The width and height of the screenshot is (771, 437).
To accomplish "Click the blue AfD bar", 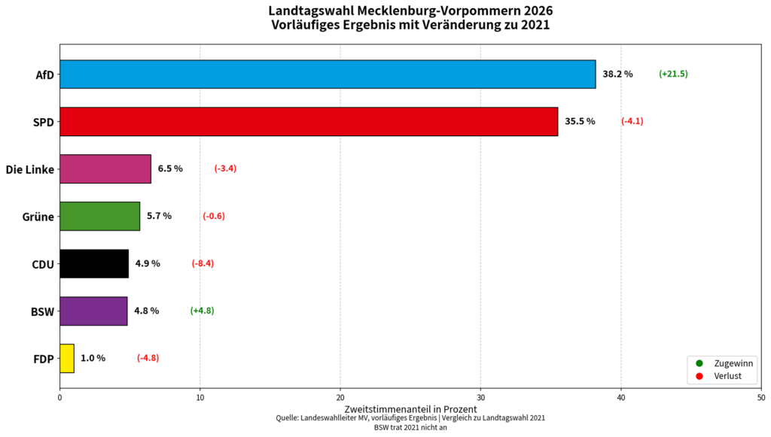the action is (328, 74).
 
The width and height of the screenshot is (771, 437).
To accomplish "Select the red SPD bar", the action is (309, 122).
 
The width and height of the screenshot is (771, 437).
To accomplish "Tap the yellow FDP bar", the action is (67, 359).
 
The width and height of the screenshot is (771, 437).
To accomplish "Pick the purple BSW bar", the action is (93, 311).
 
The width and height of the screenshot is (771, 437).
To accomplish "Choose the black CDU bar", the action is (94, 264).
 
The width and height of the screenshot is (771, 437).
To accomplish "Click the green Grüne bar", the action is (100, 216).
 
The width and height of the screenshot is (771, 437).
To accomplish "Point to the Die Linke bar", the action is (105, 169).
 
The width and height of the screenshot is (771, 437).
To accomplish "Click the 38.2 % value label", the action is (617, 74).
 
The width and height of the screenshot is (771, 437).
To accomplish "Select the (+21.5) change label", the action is (673, 74).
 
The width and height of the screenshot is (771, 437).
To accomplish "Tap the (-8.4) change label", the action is (203, 263).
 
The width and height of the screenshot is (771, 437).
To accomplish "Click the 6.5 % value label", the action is (170, 168).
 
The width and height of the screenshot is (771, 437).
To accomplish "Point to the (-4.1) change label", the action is (632, 121).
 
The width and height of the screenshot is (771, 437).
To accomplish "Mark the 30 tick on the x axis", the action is (480, 398).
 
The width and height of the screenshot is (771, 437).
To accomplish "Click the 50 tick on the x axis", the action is (761, 398).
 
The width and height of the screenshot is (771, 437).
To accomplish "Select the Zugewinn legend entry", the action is (724, 363).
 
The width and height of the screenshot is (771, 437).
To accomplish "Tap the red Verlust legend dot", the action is (699, 376).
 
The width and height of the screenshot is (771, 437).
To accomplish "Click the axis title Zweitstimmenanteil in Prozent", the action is (410, 409).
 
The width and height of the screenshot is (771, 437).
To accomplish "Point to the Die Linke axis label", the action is (30, 169).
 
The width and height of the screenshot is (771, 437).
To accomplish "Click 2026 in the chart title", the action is (538, 11).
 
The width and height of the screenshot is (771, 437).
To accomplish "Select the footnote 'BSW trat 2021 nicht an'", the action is (410, 427).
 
